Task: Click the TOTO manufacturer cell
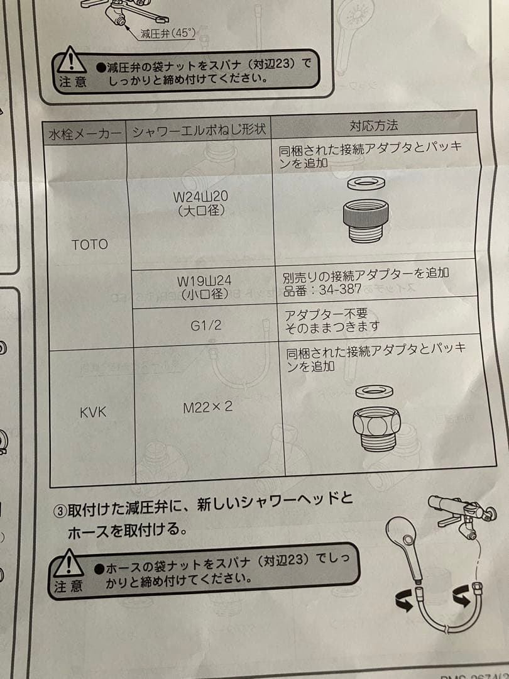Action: [89, 245]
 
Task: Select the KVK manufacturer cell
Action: [94, 412]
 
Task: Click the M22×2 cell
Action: [207, 407]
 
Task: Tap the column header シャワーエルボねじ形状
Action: [199, 130]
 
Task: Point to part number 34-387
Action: [339, 290]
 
